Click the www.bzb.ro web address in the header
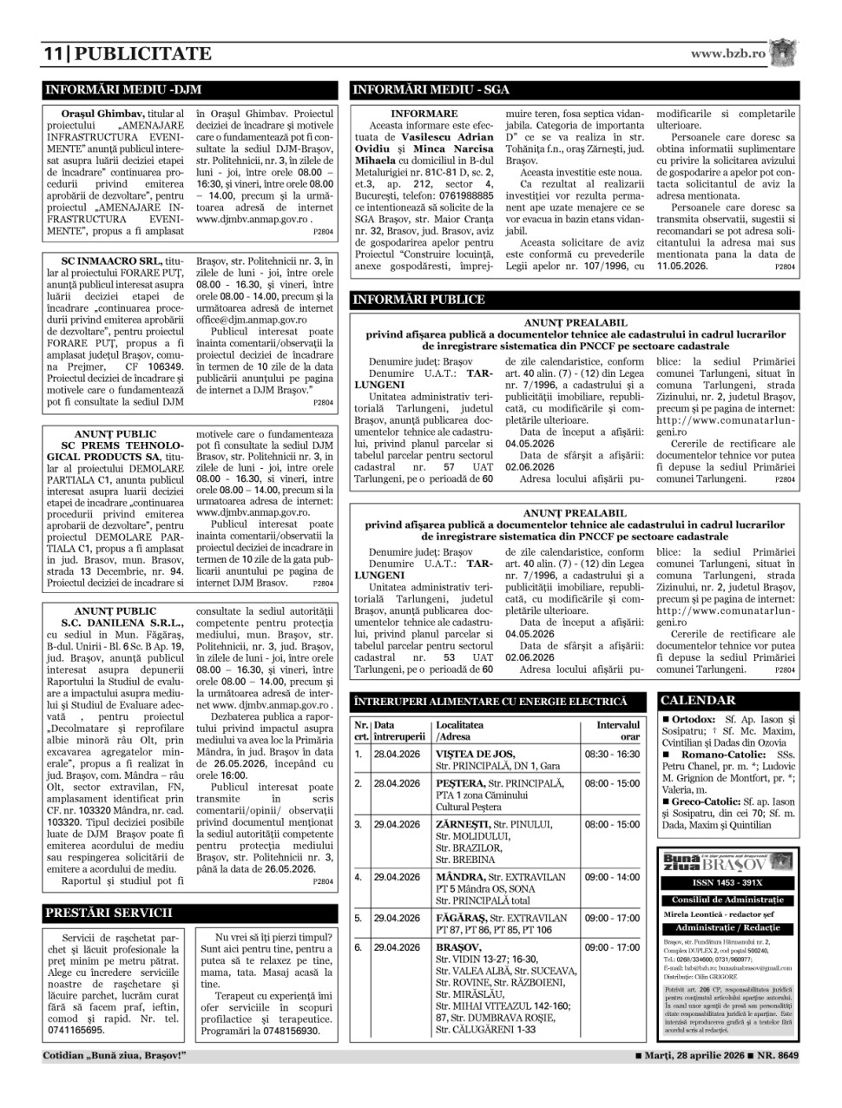[728, 53]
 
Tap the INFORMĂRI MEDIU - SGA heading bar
[431, 89]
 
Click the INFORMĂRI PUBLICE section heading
[418, 300]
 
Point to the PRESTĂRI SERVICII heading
[108, 913]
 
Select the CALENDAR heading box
[699, 700]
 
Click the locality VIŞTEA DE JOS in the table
[475, 754]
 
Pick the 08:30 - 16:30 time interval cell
[612, 754]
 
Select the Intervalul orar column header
[617, 730]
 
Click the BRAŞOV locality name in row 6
[458, 946]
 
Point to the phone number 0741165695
[76, 1031]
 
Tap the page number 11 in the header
[54, 54]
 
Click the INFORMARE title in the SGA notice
[424, 114]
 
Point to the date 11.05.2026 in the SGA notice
[682, 266]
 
